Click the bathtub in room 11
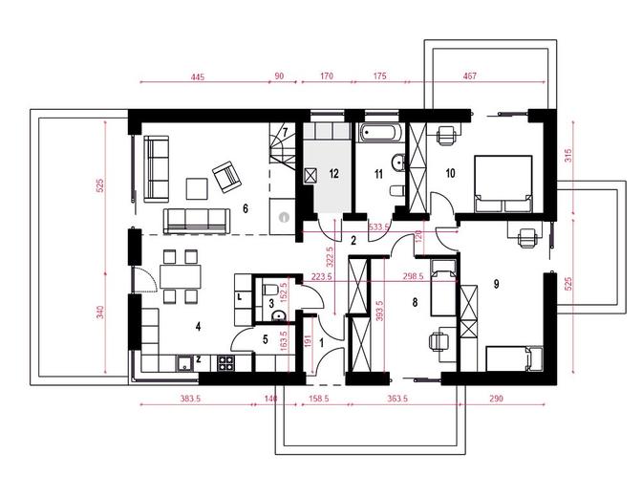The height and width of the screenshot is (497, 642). point(378,133)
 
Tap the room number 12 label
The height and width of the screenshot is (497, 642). point(333,173)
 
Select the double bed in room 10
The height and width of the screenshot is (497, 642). point(503,184)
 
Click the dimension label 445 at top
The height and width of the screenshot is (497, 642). point(198,76)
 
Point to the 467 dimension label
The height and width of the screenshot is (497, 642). point(470,76)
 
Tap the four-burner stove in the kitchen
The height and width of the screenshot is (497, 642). point(225,363)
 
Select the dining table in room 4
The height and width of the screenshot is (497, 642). point(181,276)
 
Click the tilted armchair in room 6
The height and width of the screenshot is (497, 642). point(226,177)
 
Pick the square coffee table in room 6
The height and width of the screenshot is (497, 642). point(197,188)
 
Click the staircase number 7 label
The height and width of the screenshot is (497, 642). point(285,132)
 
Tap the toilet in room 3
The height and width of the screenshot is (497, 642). point(270,290)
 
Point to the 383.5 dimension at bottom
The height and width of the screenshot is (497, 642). point(190,399)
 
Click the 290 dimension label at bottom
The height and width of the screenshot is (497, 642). point(496,398)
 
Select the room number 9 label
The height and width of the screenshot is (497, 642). point(496,284)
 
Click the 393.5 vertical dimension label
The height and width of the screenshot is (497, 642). point(379,311)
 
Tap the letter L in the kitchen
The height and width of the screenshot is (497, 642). point(240,296)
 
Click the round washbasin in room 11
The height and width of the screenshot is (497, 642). point(398,162)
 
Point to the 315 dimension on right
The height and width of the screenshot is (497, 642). point(568,156)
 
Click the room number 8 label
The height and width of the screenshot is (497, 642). point(415,302)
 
